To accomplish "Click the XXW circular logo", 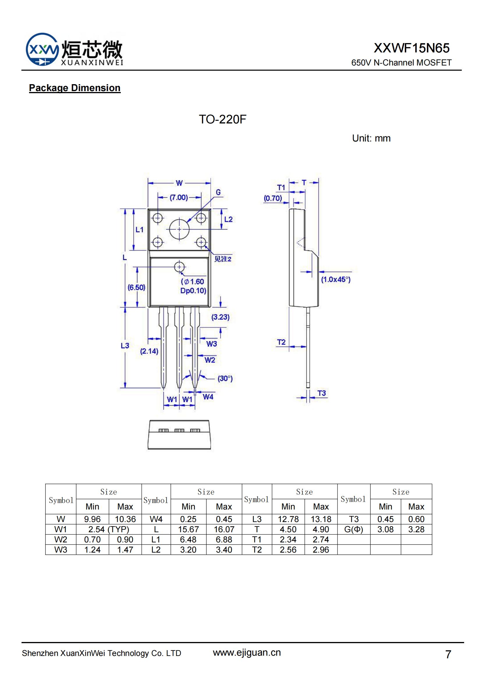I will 42,49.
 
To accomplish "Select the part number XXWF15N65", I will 411,48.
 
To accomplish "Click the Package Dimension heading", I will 75,88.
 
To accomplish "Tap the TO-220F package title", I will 222,119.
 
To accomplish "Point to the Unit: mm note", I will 371,138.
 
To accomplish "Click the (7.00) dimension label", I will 179,197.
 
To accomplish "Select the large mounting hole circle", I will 179,229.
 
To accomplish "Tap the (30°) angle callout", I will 225,378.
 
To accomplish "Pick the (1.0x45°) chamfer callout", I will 336,280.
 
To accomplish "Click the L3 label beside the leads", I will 125,346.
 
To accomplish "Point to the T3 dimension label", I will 322,393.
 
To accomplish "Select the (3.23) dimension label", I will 220,317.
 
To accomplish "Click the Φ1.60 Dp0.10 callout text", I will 193,286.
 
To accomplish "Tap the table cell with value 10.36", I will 125,519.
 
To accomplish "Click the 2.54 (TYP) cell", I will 109,529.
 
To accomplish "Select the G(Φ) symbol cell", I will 354,529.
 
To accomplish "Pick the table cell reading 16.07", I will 224,529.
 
